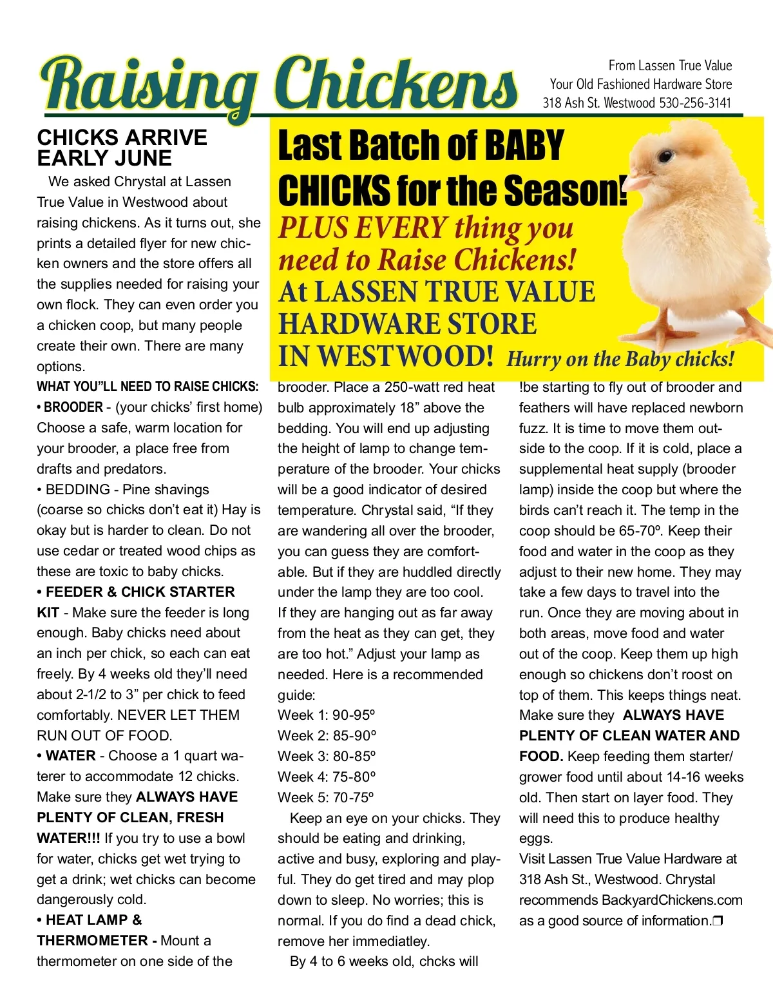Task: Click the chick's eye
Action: coord(665,155)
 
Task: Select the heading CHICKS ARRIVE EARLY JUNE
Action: coord(122,148)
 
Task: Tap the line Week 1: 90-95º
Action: coord(327,715)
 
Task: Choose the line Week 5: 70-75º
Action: coord(326,798)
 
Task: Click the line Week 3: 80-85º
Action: coord(327,757)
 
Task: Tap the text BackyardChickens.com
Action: coord(672,900)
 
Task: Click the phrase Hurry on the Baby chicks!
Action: coord(620,359)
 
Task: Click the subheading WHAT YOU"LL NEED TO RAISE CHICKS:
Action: coord(148,387)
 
